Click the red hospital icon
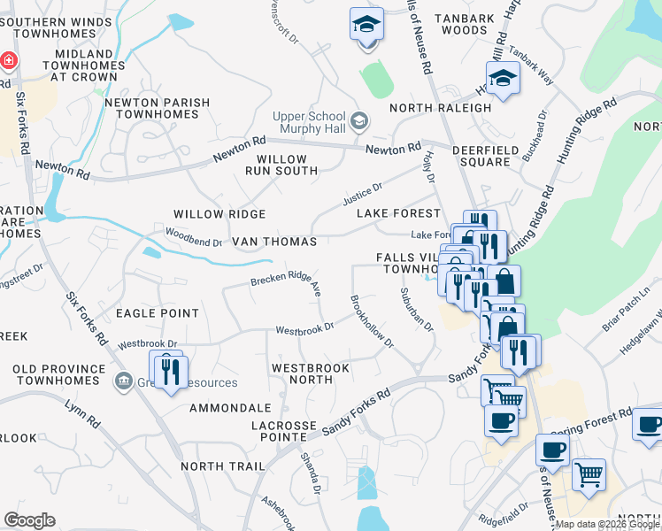pyautogui.click(x=9, y=60)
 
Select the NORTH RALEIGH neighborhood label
pyautogui.click(x=440, y=108)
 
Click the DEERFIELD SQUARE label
pyautogui.click(x=481, y=157)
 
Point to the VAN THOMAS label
pyautogui.click(x=273, y=242)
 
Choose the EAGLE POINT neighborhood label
pyautogui.click(x=156, y=313)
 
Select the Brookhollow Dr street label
pyautogui.click(x=371, y=322)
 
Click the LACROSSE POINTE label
pyautogui.click(x=283, y=431)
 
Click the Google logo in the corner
pyautogui.click(x=29, y=520)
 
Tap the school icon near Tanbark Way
pyautogui.click(x=503, y=80)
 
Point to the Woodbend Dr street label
pyautogui.click(x=193, y=236)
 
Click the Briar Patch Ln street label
pyautogui.click(x=632, y=305)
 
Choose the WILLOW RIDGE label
pyautogui.click(x=219, y=214)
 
